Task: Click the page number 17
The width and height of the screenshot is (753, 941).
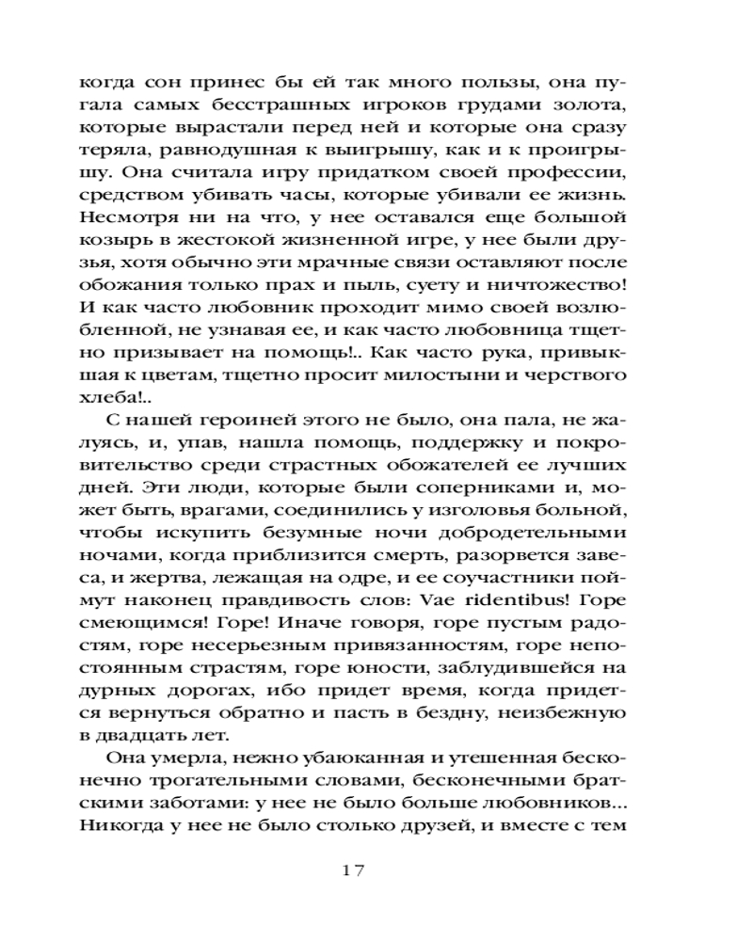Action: pyautogui.click(x=353, y=870)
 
